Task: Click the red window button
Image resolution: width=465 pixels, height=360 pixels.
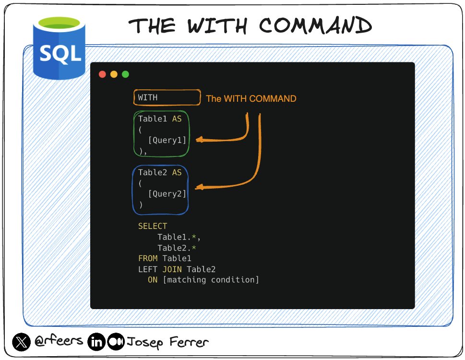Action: click(102, 74)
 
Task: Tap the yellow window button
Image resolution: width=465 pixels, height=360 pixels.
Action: click(114, 74)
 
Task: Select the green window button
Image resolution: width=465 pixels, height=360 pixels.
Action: click(125, 74)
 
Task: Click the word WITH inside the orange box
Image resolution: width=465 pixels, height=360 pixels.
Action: click(148, 97)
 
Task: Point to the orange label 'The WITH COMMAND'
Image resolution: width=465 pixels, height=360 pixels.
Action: click(251, 99)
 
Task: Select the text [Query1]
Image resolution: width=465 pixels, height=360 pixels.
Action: click(167, 140)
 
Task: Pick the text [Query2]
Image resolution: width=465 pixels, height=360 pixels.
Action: click(167, 194)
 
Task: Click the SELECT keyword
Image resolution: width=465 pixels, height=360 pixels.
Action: click(153, 226)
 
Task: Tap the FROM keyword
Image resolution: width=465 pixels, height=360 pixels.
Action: click(148, 259)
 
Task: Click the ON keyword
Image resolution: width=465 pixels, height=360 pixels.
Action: click(153, 280)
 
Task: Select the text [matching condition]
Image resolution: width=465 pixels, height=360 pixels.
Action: click(211, 280)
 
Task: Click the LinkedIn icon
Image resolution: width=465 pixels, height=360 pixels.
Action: click(96, 342)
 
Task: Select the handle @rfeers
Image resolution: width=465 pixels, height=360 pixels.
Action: click(59, 343)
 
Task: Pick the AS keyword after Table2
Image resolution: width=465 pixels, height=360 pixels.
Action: click(177, 172)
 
